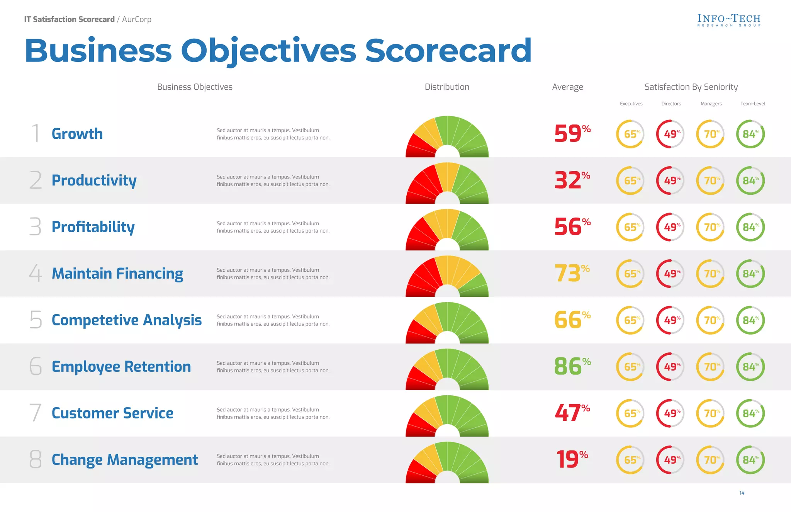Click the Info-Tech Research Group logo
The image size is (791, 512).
pyautogui.click(x=729, y=20)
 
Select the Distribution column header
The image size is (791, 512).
pyautogui.click(x=447, y=87)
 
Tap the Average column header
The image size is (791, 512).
pyautogui.click(x=567, y=87)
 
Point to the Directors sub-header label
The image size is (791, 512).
pyautogui.click(x=671, y=104)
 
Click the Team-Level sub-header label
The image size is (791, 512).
pyautogui.click(x=752, y=104)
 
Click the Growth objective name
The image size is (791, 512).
pyautogui.click(x=77, y=134)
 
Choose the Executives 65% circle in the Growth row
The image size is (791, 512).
pyautogui.click(x=630, y=134)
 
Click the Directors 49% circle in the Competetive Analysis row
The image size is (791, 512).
pyautogui.click(x=670, y=320)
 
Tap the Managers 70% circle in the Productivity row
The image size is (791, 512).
pyautogui.click(x=710, y=180)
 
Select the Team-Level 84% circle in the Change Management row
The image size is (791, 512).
pyautogui.click(x=750, y=460)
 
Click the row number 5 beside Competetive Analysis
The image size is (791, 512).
pyautogui.click(x=36, y=320)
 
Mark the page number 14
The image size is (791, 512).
pyautogui.click(x=742, y=493)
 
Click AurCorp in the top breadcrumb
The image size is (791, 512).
pyautogui.click(x=137, y=19)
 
